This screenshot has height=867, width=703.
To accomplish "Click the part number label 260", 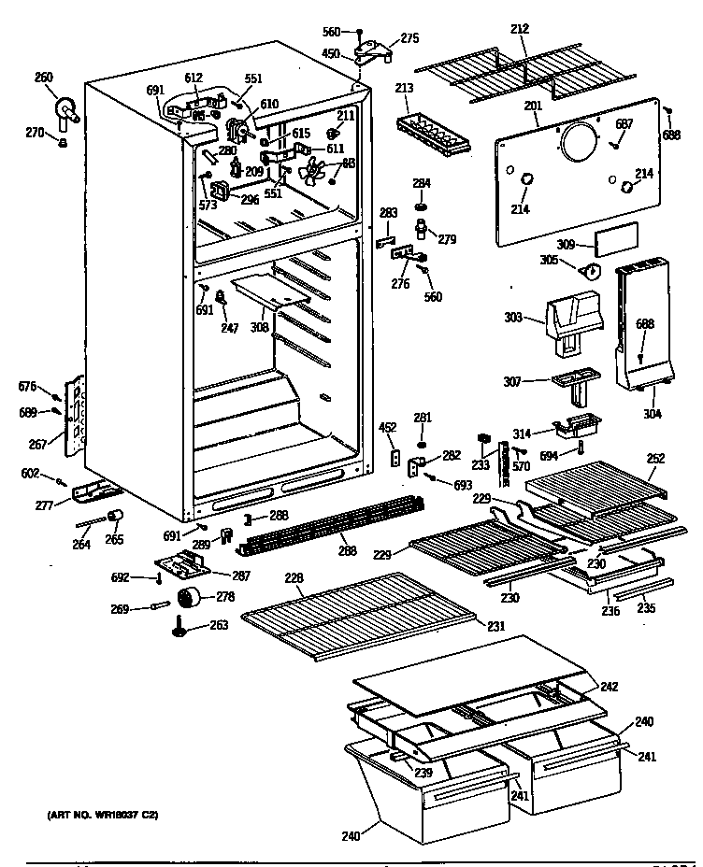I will [x=44, y=78].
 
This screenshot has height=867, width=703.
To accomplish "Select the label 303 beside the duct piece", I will [x=512, y=319].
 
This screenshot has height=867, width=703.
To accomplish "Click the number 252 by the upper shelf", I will [x=655, y=458].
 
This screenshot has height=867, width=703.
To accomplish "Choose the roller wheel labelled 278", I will [x=190, y=599].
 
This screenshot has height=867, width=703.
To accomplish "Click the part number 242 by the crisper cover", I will [x=609, y=687].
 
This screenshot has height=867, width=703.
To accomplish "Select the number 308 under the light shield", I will [x=259, y=328].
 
